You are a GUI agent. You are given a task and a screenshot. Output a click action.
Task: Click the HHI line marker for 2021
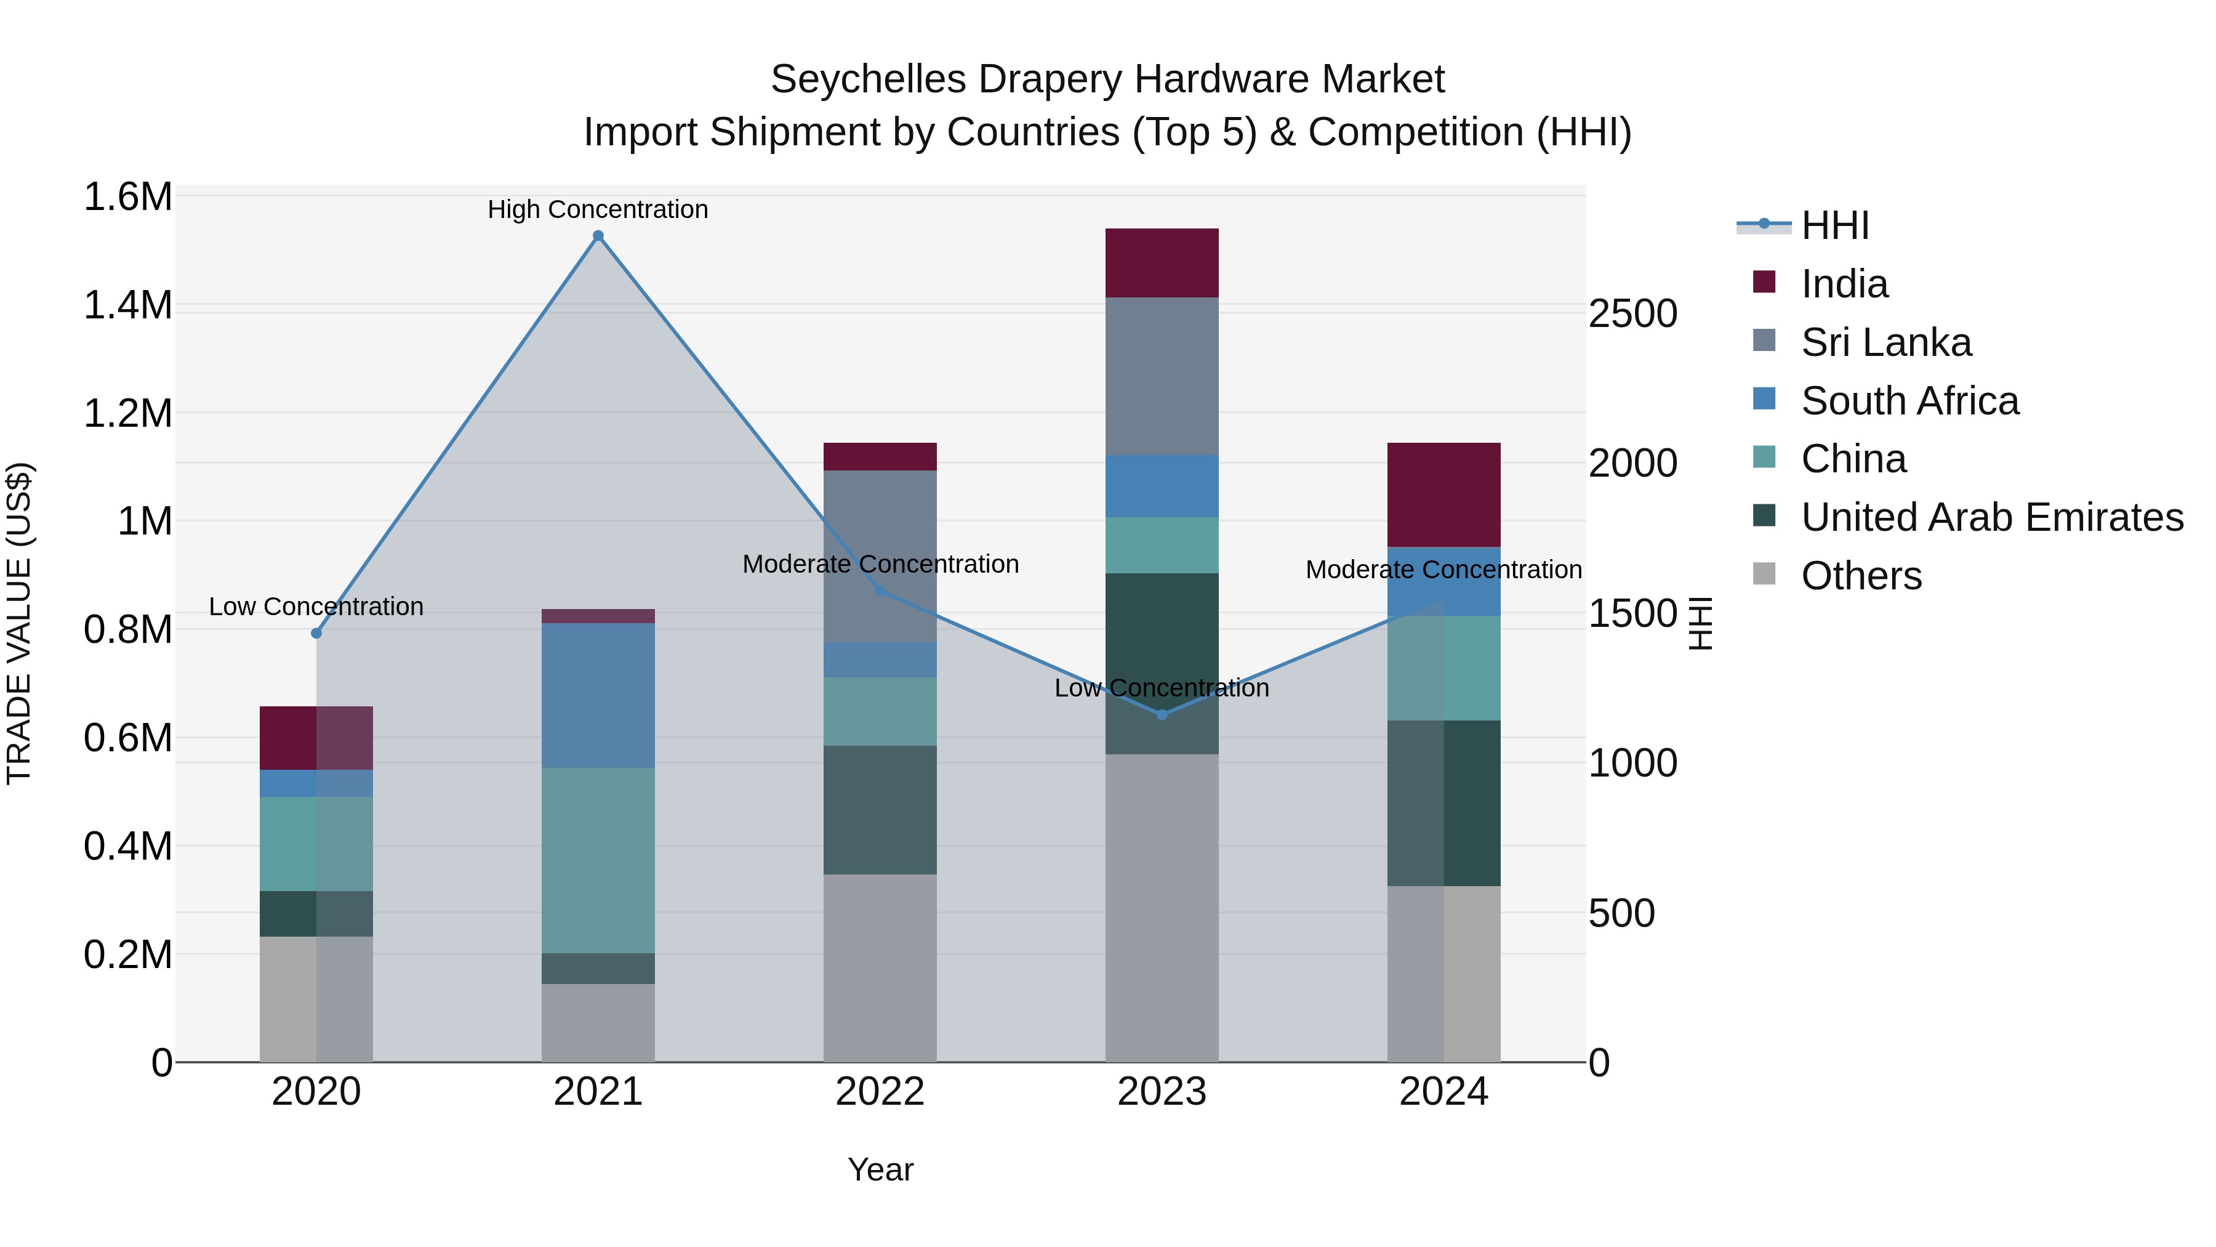point(598,236)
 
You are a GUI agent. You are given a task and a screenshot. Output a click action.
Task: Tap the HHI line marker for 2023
point(1162,714)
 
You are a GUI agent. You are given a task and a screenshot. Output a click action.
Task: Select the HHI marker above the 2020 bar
point(316,634)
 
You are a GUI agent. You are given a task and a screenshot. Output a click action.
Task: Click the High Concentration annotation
point(598,210)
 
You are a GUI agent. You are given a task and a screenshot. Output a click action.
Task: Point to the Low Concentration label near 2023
point(1162,688)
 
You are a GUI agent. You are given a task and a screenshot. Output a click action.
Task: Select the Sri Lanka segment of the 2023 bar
point(1162,376)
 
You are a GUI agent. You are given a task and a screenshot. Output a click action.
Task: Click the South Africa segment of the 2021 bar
point(598,695)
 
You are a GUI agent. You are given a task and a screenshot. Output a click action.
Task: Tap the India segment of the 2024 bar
point(1443,495)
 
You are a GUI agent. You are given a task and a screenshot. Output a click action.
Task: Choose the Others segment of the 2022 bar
point(879,968)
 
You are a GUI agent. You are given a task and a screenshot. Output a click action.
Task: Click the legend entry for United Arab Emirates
point(1991,518)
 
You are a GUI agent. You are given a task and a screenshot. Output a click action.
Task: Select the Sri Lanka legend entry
point(1885,342)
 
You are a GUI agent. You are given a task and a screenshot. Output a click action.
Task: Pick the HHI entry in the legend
point(1834,225)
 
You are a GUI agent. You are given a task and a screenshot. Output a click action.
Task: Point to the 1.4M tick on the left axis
point(127,305)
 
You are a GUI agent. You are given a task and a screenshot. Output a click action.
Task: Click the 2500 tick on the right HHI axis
point(1632,314)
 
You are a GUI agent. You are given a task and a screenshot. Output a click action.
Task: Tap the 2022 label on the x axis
point(879,1092)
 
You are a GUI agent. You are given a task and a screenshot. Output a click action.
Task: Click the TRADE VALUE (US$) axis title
point(19,623)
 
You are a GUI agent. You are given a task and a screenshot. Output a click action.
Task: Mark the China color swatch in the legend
point(1764,457)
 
